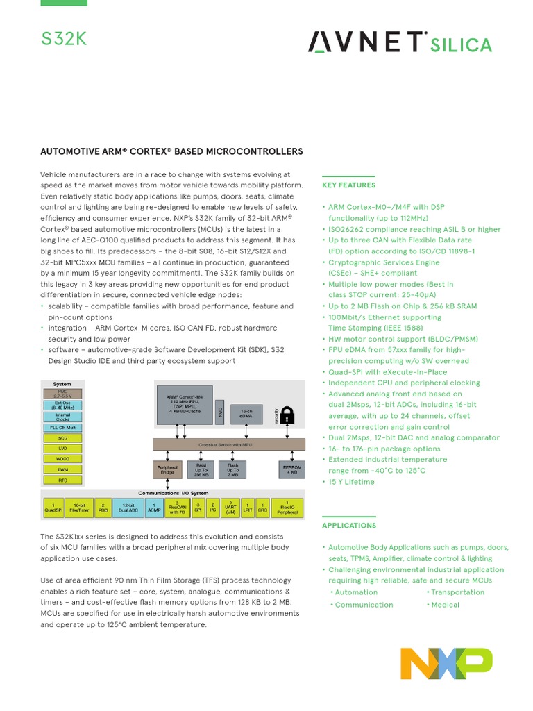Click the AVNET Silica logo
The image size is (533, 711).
point(400,43)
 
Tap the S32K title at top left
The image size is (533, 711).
point(63,39)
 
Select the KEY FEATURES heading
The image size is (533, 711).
point(348,185)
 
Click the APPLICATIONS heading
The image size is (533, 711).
point(349,526)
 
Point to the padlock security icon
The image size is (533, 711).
point(287,415)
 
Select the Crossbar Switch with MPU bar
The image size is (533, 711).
point(228,443)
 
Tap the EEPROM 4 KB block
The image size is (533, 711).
point(291,469)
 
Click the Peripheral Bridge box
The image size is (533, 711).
point(167,469)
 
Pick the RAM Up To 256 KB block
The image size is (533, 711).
point(201,470)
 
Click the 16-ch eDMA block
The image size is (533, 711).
point(246,413)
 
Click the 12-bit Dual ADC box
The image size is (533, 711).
point(128,508)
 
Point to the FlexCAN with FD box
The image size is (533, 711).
point(177,508)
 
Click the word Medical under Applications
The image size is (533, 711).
point(445,605)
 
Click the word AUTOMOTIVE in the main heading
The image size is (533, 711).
point(73,151)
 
